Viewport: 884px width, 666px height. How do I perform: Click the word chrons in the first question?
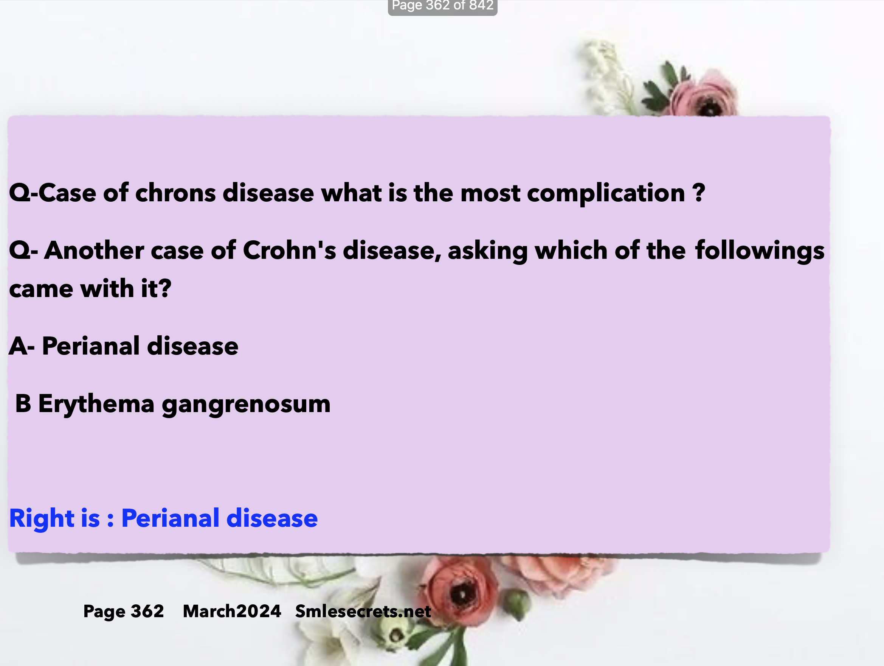(x=175, y=193)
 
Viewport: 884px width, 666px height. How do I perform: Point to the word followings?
(x=760, y=251)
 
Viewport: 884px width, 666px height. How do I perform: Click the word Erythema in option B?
(x=96, y=404)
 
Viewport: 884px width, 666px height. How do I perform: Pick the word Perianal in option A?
(x=91, y=346)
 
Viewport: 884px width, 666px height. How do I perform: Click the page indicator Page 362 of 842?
(x=442, y=6)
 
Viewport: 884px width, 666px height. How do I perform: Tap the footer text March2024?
(x=232, y=611)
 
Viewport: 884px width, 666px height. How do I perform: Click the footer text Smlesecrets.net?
(x=363, y=611)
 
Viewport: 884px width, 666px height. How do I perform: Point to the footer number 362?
(x=147, y=611)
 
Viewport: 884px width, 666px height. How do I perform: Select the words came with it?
(x=90, y=289)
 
